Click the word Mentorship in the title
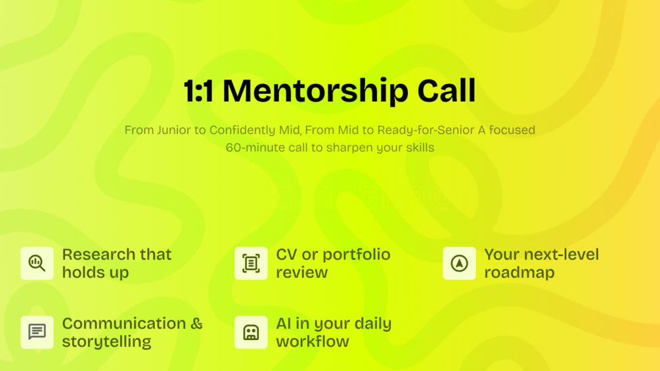pyautogui.click(x=315, y=91)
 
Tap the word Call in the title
pyautogui.click(x=447, y=90)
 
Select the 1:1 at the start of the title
pyautogui.click(x=199, y=91)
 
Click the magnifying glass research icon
pyautogui.click(x=37, y=263)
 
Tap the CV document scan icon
pyautogui.click(x=251, y=263)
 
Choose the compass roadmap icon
pyautogui.click(x=459, y=263)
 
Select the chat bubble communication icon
pyautogui.click(x=37, y=332)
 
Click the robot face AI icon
pyautogui.click(x=251, y=332)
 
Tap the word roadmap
pyautogui.click(x=519, y=273)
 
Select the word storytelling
pyautogui.click(x=106, y=341)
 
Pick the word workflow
pyautogui.click(x=313, y=341)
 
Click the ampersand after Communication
pyautogui.click(x=196, y=324)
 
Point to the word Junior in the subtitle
pyautogui.click(x=174, y=130)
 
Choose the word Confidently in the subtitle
pyautogui.click(x=243, y=131)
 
